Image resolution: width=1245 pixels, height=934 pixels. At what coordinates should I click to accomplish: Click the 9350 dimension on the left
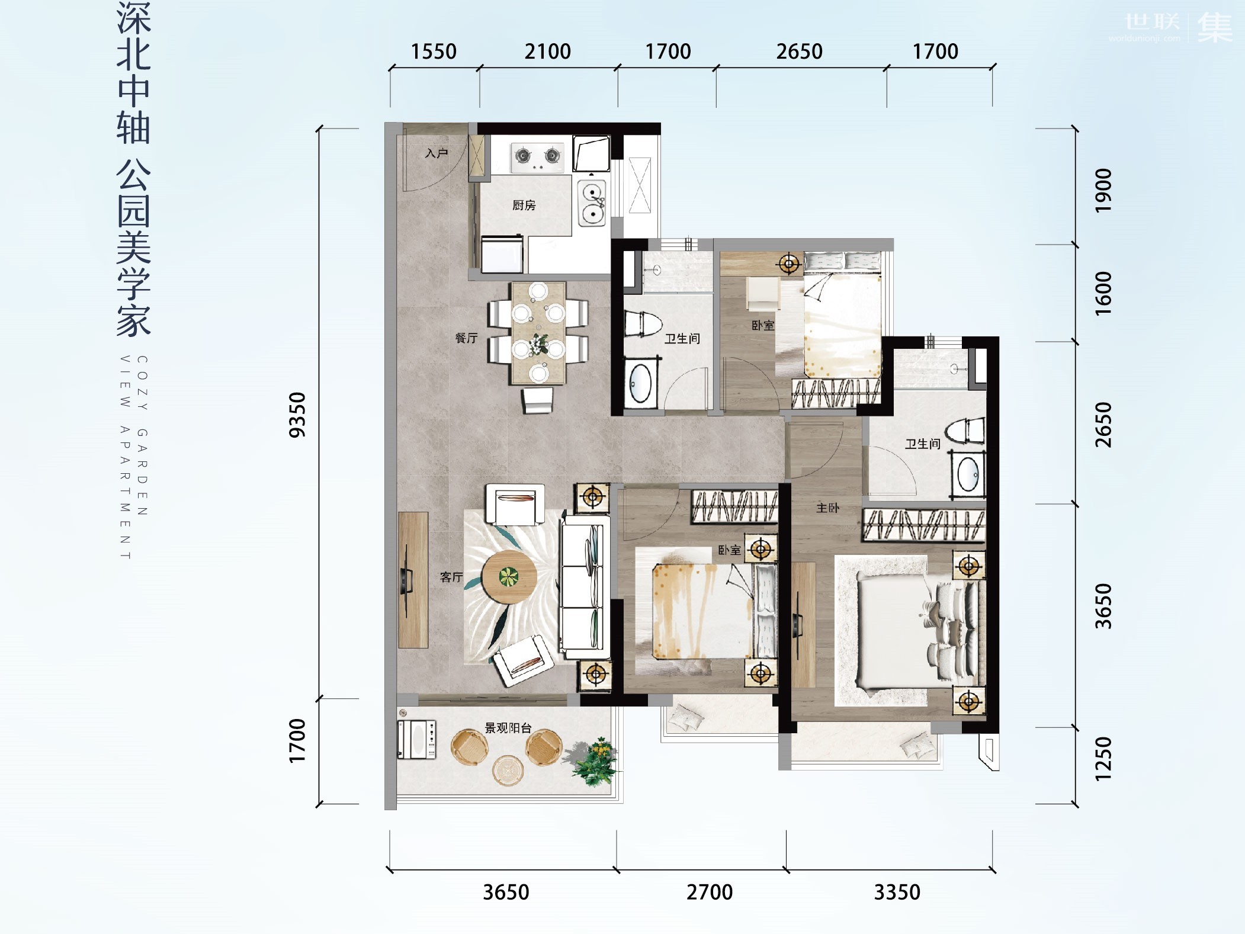point(297,415)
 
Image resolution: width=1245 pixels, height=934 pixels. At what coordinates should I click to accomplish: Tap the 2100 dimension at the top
point(547,52)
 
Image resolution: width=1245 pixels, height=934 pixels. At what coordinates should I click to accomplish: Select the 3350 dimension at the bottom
point(897,892)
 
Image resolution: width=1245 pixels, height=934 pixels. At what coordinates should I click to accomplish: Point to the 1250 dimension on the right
point(1103,759)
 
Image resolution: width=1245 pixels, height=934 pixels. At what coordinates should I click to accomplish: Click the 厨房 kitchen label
point(524,205)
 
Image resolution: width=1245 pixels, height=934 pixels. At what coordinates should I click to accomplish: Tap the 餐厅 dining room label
point(466,338)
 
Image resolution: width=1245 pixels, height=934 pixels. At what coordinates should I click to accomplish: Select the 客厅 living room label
point(451,576)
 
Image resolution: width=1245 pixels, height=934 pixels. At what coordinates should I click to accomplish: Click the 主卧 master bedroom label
point(827,508)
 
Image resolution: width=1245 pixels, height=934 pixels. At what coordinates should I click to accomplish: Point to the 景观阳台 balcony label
point(508,728)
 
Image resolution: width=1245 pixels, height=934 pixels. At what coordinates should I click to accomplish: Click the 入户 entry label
point(437,153)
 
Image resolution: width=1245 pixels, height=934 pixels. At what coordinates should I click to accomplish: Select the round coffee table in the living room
point(509,576)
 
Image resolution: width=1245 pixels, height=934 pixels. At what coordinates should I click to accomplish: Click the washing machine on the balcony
point(417,740)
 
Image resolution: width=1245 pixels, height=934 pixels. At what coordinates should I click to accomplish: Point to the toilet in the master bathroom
point(965,430)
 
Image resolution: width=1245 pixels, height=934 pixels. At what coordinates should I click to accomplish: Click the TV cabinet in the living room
point(413,580)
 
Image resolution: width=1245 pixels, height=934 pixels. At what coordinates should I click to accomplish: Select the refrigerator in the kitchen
point(502,253)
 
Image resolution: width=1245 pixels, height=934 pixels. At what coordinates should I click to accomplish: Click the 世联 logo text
point(1151,22)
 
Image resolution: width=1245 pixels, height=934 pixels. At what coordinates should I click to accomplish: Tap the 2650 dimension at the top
point(799,52)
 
